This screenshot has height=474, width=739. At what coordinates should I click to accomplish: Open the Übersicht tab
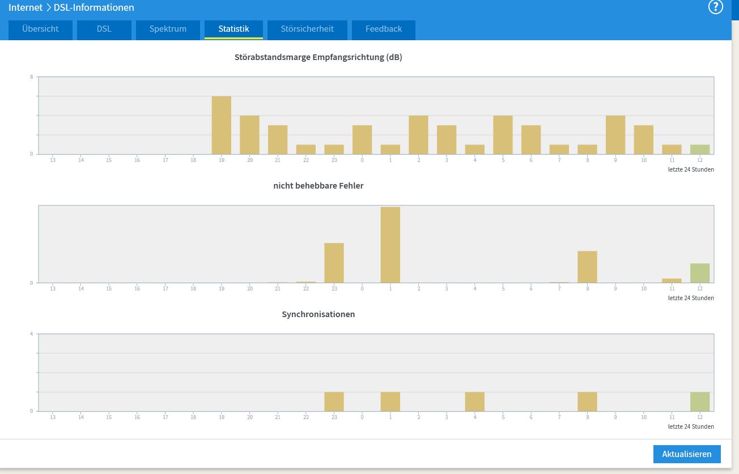tap(40, 29)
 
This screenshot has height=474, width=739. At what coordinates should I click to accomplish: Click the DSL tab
tap(104, 29)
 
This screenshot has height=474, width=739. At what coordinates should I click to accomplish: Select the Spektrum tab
tap(168, 29)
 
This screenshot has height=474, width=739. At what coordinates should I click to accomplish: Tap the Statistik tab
tap(233, 29)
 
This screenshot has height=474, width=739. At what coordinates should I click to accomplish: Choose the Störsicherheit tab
tap(307, 29)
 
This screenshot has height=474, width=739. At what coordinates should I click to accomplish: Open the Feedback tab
tap(383, 29)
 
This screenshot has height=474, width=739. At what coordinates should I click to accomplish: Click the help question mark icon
tap(716, 7)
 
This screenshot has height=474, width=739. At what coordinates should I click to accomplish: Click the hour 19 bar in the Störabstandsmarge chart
tap(222, 125)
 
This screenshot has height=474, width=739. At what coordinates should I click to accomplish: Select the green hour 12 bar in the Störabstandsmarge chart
tap(700, 150)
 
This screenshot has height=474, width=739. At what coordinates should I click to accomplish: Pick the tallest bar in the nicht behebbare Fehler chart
tap(390, 245)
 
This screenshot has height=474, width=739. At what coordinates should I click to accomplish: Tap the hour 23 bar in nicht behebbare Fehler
tap(334, 263)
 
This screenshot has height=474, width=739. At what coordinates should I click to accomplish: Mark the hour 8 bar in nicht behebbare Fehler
tap(587, 267)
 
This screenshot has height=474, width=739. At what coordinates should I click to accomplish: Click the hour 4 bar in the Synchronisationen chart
tap(475, 402)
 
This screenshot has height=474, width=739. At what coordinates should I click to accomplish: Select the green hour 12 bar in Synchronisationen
tap(700, 402)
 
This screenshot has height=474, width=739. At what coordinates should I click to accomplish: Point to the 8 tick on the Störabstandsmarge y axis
tap(31, 77)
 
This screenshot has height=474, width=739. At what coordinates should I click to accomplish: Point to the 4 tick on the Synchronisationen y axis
tap(31, 334)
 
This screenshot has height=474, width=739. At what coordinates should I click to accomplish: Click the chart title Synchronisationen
tap(318, 314)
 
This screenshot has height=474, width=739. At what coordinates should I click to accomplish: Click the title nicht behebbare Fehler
tap(318, 186)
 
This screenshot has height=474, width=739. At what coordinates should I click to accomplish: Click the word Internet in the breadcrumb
tap(26, 7)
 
